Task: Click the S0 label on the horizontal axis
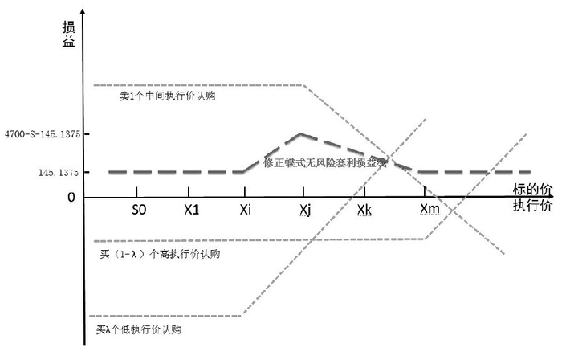pyautogui.click(x=139, y=210)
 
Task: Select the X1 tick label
pyautogui.click(x=191, y=210)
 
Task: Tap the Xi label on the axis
pyautogui.click(x=245, y=210)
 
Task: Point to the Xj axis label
pyautogui.click(x=304, y=210)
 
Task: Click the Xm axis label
pyautogui.click(x=430, y=210)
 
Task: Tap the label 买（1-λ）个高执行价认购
pyautogui.click(x=160, y=254)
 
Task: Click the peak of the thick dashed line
pyautogui.click(x=300, y=134)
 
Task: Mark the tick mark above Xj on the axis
pyautogui.click(x=303, y=193)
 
